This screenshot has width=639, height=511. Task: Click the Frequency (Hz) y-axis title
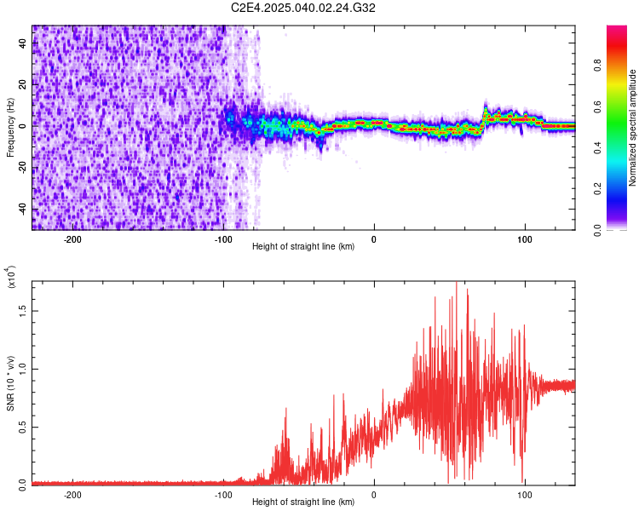click(x=10, y=128)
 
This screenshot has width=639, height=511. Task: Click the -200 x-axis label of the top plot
click(x=72, y=239)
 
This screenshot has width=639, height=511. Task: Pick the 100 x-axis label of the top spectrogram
click(x=525, y=239)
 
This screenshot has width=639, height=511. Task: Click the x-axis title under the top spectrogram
click(x=303, y=248)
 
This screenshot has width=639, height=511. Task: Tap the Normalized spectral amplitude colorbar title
click(x=633, y=128)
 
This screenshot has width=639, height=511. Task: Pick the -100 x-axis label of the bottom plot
click(x=223, y=495)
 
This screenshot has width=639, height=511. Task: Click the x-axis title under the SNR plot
click(x=303, y=503)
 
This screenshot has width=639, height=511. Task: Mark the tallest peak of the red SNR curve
click(x=458, y=283)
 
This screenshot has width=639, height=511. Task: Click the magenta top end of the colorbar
click(x=617, y=30)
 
